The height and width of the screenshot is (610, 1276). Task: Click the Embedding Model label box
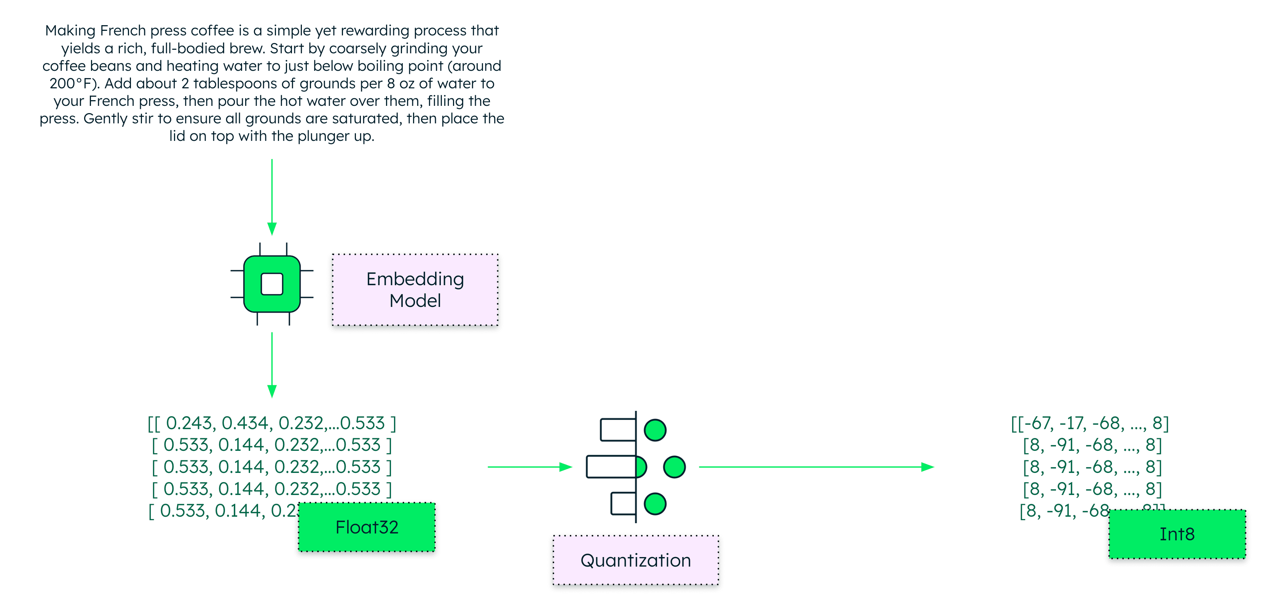click(415, 290)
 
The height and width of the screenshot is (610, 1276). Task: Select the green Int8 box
click(1177, 534)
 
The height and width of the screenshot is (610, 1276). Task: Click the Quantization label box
click(635, 560)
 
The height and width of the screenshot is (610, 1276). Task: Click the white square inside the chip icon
click(272, 284)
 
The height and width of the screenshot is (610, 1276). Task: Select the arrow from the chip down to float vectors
click(272, 364)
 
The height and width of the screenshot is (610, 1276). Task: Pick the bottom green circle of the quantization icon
click(655, 504)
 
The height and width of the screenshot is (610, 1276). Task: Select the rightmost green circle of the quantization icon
click(674, 467)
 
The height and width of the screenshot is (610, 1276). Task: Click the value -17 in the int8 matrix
click(1070, 423)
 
